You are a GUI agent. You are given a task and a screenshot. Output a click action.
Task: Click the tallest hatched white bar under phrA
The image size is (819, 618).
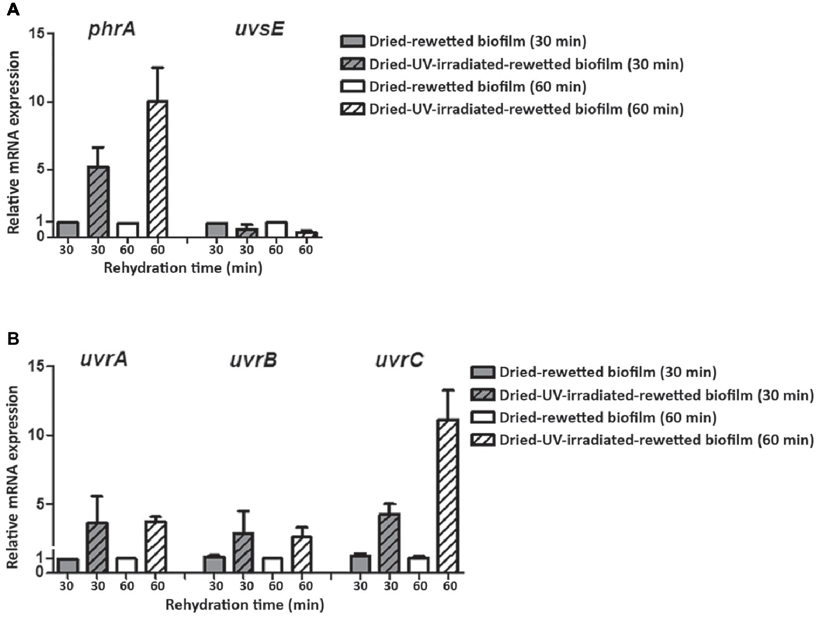pyautogui.click(x=157, y=169)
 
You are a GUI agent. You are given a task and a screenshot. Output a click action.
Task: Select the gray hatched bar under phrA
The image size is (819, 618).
pyautogui.click(x=98, y=201)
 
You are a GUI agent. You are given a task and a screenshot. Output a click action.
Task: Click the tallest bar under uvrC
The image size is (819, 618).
pyautogui.click(x=448, y=495)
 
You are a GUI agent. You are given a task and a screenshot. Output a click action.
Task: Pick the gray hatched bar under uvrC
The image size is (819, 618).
pyautogui.click(x=389, y=542)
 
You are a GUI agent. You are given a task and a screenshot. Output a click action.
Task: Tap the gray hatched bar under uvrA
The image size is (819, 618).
pyautogui.click(x=97, y=546)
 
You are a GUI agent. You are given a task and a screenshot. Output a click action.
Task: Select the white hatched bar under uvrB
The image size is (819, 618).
pyautogui.click(x=303, y=554)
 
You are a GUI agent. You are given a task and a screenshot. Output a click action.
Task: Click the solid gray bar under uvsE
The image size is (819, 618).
pyautogui.click(x=216, y=229)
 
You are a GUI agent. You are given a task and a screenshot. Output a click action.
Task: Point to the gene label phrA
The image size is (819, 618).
pyautogui.click(x=112, y=29)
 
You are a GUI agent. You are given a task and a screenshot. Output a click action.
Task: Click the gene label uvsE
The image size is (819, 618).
pyautogui.click(x=259, y=28)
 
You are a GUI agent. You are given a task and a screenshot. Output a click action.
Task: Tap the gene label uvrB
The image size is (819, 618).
pyautogui.click(x=253, y=360)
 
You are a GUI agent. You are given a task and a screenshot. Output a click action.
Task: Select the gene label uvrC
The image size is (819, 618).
pyautogui.click(x=399, y=360)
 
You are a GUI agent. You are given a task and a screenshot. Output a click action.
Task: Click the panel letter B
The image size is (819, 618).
pyautogui.click(x=12, y=339)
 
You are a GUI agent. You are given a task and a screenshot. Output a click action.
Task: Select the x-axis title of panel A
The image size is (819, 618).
pyautogui.click(x=183, y=267)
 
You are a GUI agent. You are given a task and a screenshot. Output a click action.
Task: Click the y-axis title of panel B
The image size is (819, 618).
pyautogui.click(x=13, y=478)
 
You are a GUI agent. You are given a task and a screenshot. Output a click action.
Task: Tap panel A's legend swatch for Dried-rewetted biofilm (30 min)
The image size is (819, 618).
pyautogui.click(x=352, y=41)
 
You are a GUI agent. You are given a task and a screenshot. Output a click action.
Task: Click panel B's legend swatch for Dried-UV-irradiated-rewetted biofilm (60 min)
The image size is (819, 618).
pyautogui.click(x=482, y=440)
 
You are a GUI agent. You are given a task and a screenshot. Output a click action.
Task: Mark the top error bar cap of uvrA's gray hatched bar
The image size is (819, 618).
pyautogui.click(x=97, y=496)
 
